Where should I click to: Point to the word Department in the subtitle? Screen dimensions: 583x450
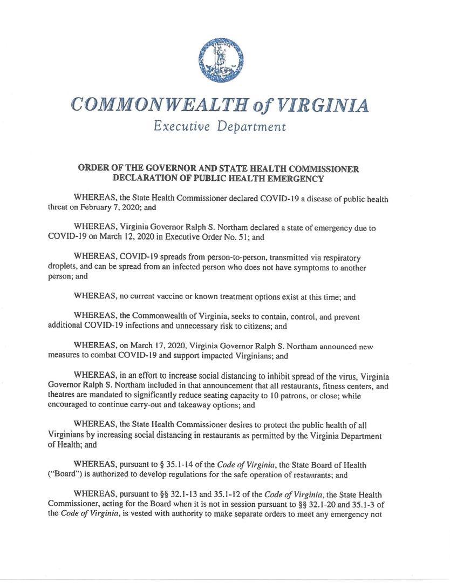click(x=251, y=127)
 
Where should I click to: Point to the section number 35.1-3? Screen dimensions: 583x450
click(x=377, y=504)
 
